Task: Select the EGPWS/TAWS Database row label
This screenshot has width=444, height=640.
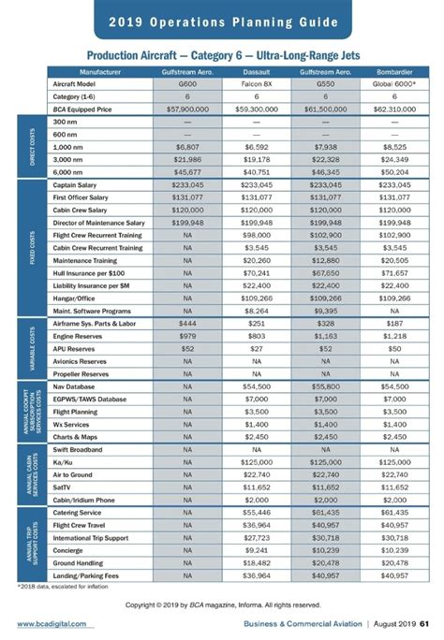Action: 91,399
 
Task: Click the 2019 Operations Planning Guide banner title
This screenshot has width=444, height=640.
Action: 223,22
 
